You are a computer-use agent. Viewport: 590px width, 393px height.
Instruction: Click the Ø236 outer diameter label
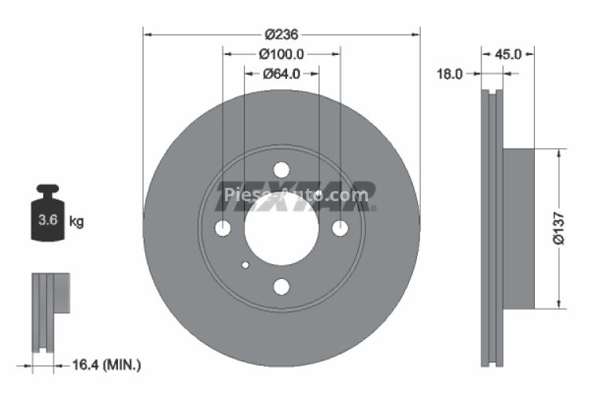click(x=281, y=34)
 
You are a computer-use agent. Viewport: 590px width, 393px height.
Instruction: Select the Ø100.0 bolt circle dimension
click(x=281, y=54)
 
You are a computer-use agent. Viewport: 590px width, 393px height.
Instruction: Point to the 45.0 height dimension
click(x=508, y=54)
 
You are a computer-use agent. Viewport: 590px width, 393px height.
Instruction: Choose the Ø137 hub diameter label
click(x=559, y=229)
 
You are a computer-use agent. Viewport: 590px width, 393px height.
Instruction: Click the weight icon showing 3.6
click(x=48, y=215)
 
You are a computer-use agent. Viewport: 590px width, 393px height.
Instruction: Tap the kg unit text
click(x=76, y=222)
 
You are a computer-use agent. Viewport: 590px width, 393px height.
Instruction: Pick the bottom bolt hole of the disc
click(x=281, y=286)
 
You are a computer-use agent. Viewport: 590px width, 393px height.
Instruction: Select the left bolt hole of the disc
click(x=223, y=229)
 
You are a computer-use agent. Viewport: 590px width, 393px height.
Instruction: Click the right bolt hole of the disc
click(x=339, y=229)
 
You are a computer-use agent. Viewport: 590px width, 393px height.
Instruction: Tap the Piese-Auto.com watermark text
click(x=295, y=195)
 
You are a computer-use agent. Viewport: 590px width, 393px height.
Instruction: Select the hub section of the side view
click(x=518, y=229)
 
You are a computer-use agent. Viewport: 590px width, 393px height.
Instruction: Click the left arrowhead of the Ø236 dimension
click(x=146, y=34)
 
